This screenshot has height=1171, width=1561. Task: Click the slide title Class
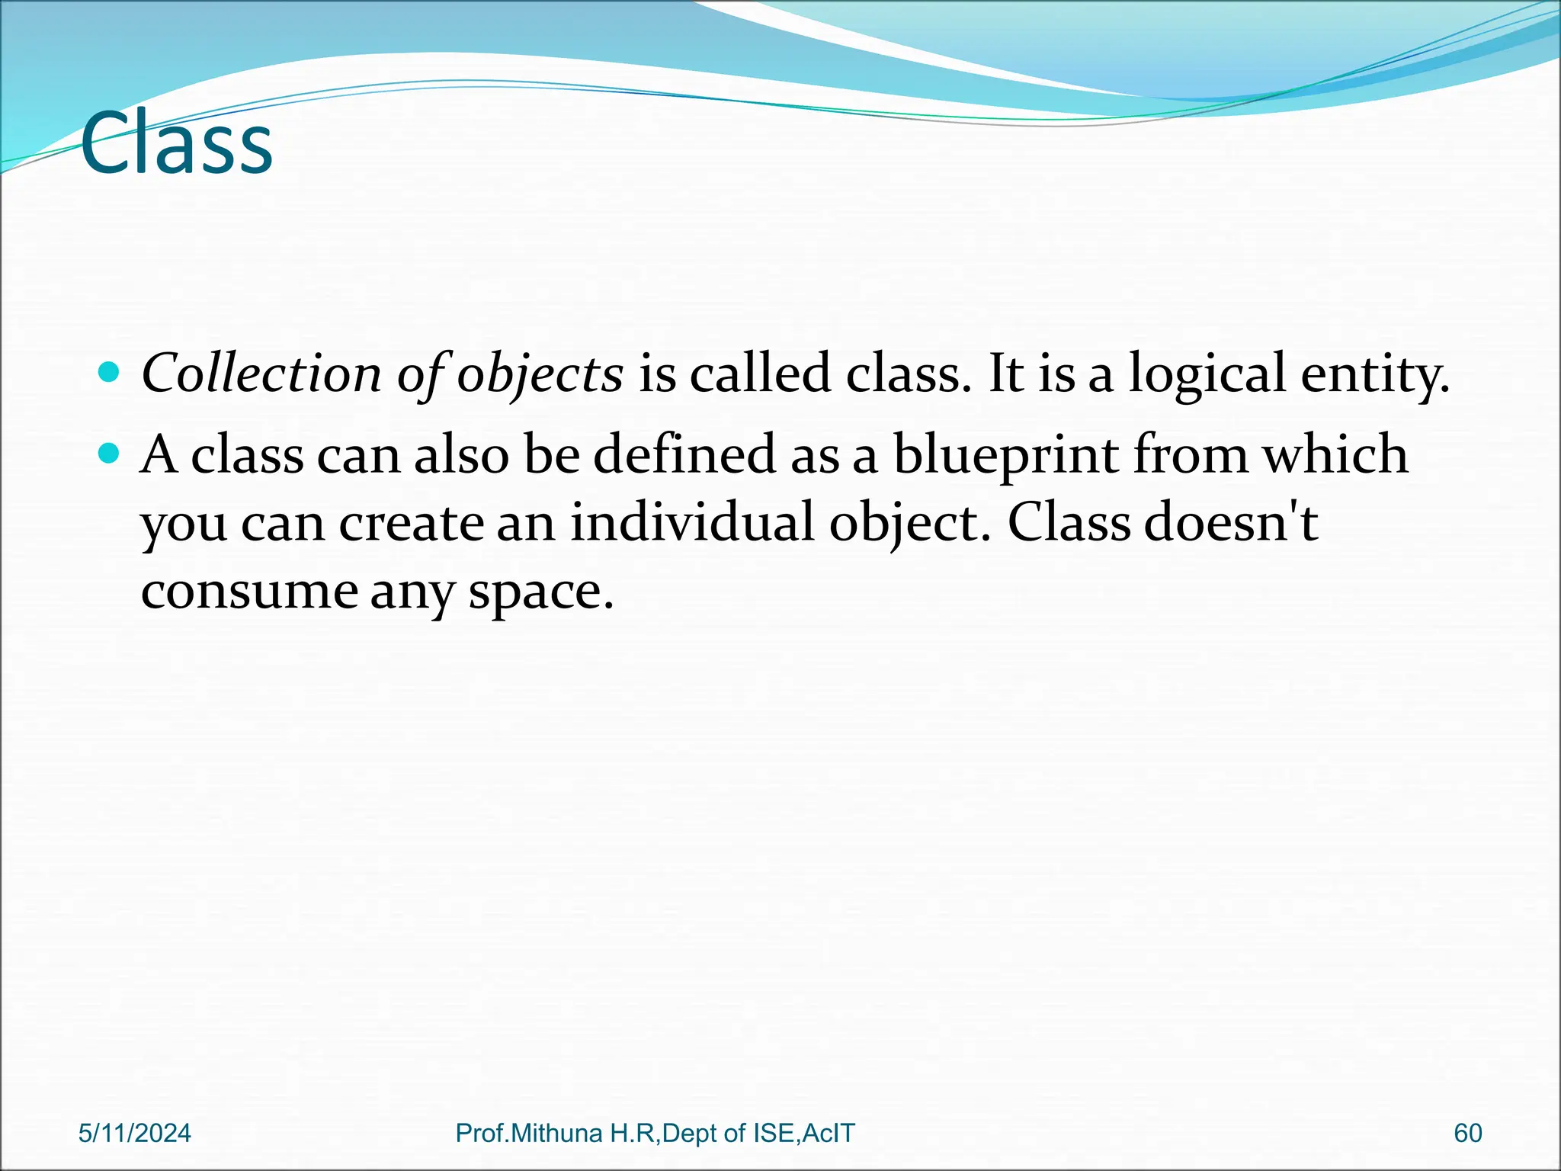(176, 143)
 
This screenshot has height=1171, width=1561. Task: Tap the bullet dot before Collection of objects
(110, 372)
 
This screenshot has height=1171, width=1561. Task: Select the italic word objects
(540, 375)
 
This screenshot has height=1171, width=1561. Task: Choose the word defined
(684, 454)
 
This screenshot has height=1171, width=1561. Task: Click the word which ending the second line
(1335, 454)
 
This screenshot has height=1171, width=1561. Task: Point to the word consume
(249, 592)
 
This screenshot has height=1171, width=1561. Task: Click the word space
(540, 593)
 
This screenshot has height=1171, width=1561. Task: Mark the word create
(411, 525)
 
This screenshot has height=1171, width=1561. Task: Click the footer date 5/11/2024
(135, 1134)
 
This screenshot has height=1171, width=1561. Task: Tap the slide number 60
(1467, 1134)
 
